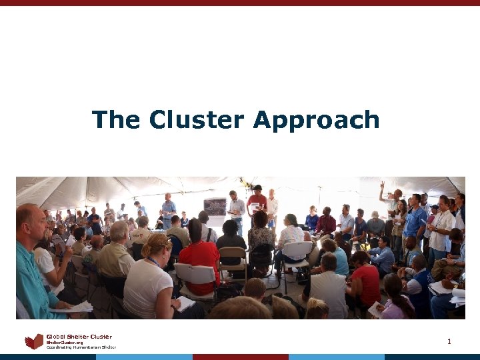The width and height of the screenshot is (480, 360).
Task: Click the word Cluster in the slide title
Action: pyautogui.click(x=198, y=120)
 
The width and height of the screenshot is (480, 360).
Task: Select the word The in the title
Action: pyautogui.click(x=117, y=120)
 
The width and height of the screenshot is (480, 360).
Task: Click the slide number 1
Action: pyautogui.click(x=449, y=342)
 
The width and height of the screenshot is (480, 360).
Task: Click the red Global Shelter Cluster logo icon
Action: pyautogui.click(x=34, y=342)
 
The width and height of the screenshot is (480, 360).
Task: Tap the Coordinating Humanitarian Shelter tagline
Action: pyautogui.click(x=81, y=347)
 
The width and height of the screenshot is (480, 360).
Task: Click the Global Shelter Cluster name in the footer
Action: pyautogui.click(x=79, y=337)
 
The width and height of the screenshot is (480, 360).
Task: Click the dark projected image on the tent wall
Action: pyautogui.click(x=215, y=206)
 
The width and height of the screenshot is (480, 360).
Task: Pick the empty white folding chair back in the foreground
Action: pyautogui.click(x=194, y=274)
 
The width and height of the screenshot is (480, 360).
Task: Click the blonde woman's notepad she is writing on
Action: pyautogui.click(x=184, y=304)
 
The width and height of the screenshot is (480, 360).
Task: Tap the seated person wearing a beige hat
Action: pyautogui.click(x=141, y=231)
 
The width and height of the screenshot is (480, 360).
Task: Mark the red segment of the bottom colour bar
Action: pyautogui.click(x=240, y=357)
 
